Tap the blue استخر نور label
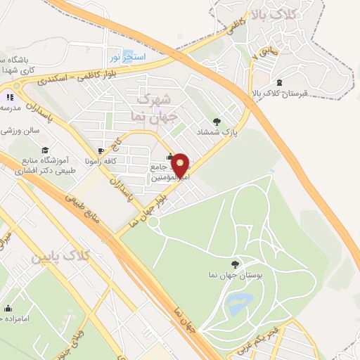pos(127,55)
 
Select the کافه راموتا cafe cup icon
pos(101,150)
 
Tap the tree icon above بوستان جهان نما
pos(234,264)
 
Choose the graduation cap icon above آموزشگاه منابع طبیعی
pos(45,150)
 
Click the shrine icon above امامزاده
pos(8,308)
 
